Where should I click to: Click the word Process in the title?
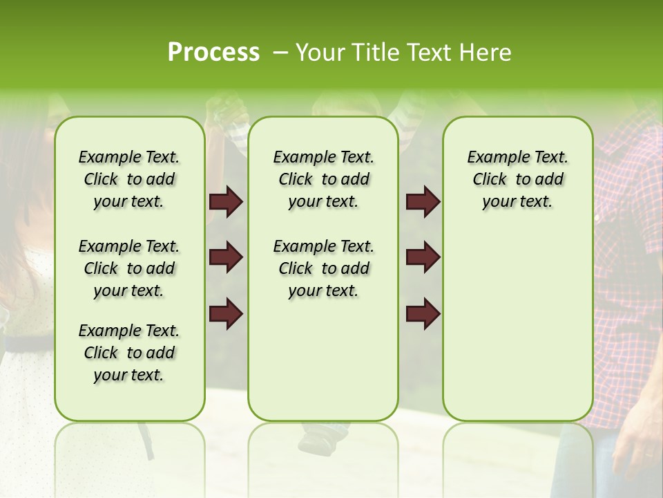tap(213, 53)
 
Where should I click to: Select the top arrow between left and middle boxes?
tap(226, 202)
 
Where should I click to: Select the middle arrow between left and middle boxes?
tap(226, 257)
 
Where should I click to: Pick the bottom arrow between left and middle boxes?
tap(226, 313)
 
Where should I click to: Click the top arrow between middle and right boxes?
tap(423, 202)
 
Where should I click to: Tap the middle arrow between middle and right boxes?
tap(423, 257)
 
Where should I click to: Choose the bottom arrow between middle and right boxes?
tap(423, 313)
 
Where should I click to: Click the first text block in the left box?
tap(129, 179)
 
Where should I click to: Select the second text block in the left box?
tap(129, 268)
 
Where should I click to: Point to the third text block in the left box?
tap(129, 353)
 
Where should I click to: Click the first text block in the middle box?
tap(324, 179)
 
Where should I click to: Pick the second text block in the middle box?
tap(324, 268)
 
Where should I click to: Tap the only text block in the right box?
tap(518, 179)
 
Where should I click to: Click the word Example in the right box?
tap(492, 158)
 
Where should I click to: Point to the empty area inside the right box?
tap(518, 318)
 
